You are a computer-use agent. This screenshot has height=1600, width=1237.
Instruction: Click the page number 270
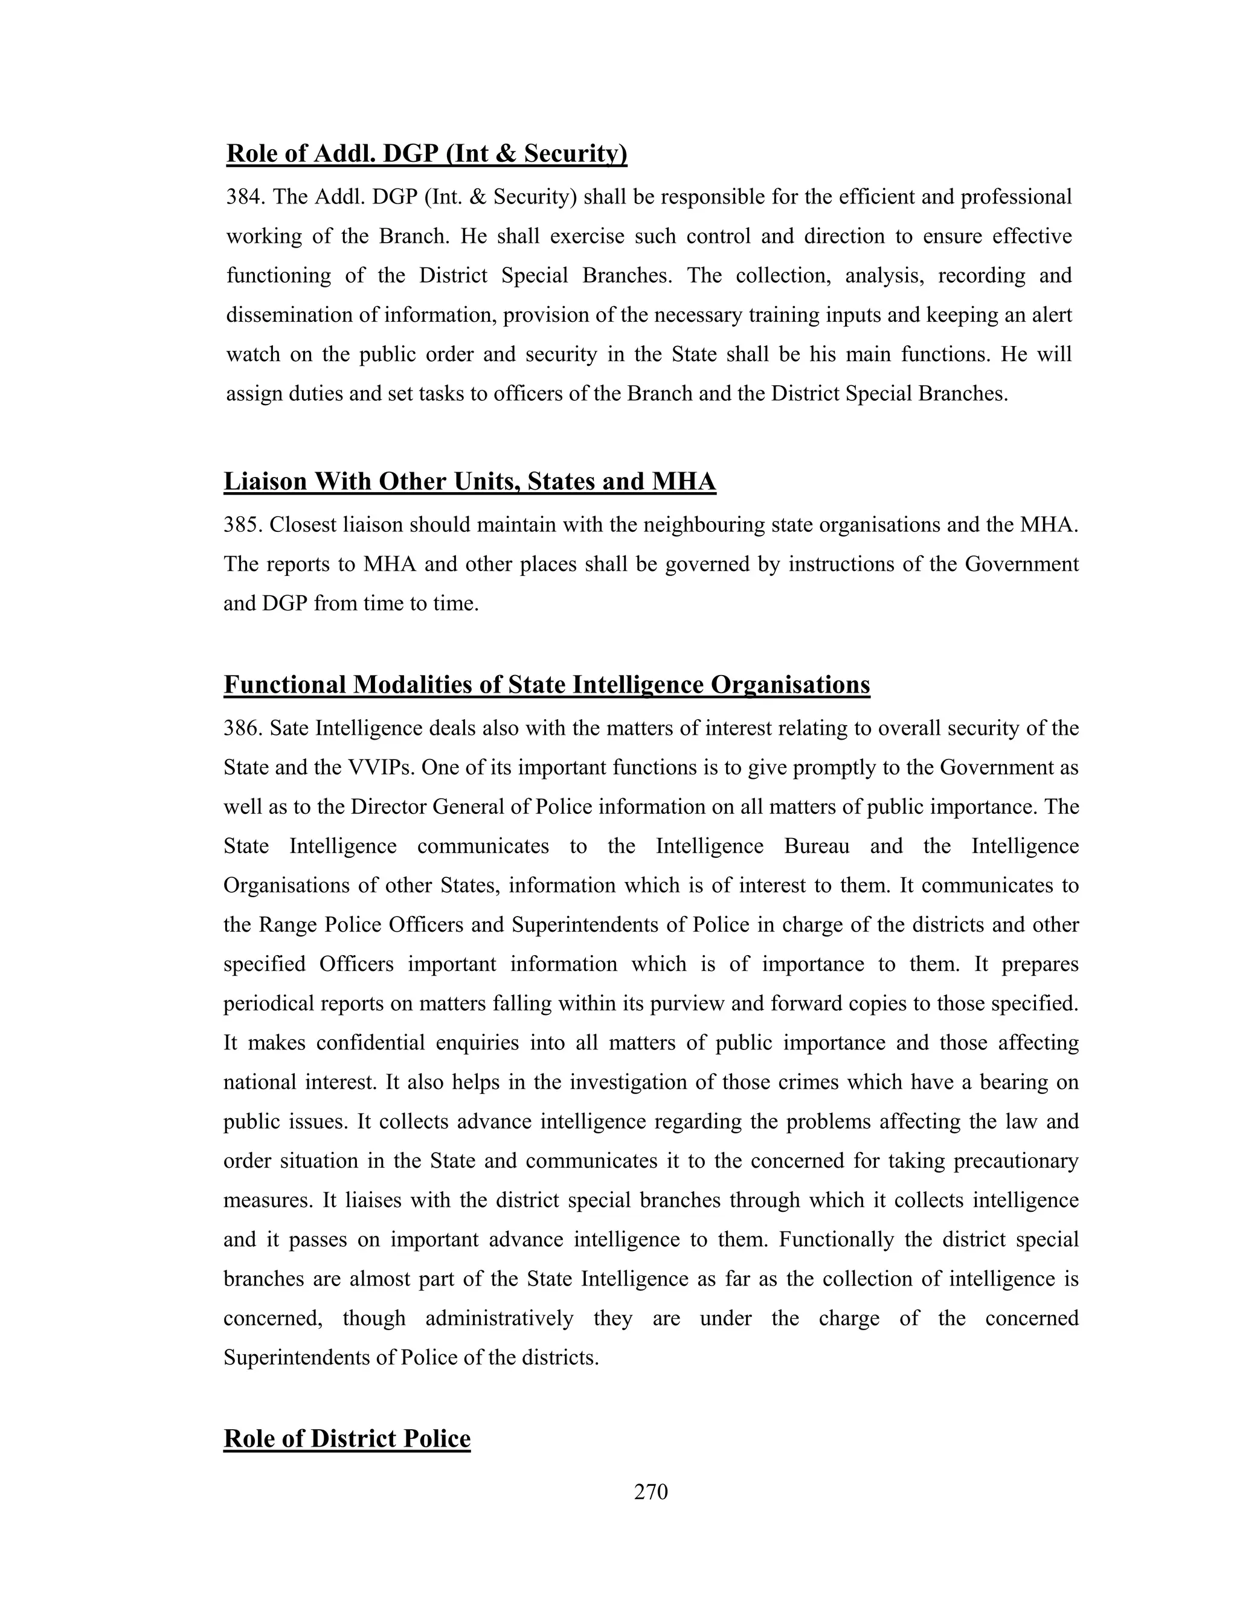tap(651, 1491)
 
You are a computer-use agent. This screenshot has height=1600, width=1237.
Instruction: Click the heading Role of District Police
tap(347, 1438)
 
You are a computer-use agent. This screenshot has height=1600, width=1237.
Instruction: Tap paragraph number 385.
tap(243, 525)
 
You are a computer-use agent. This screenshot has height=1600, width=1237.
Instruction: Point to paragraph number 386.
tap(243, 728)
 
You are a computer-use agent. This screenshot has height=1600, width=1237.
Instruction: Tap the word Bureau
tap(817, 846)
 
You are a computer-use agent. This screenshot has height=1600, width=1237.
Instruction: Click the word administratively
tap(499, 1318)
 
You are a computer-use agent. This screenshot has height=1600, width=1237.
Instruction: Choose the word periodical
tap(268, 1003)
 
